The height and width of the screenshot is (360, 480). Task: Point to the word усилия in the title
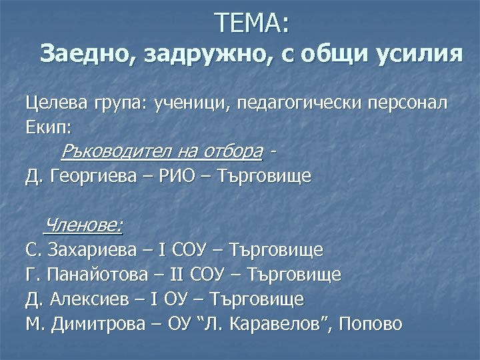tap(415, 53)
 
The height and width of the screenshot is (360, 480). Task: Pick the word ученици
tap(183, 104)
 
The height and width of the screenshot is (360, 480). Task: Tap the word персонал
tap(403, 104)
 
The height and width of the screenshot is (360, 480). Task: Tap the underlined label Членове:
tap(83, 226)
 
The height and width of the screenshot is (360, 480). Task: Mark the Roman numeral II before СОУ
tap(175, 275)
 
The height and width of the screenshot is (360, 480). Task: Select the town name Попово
tap(371, 325)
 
